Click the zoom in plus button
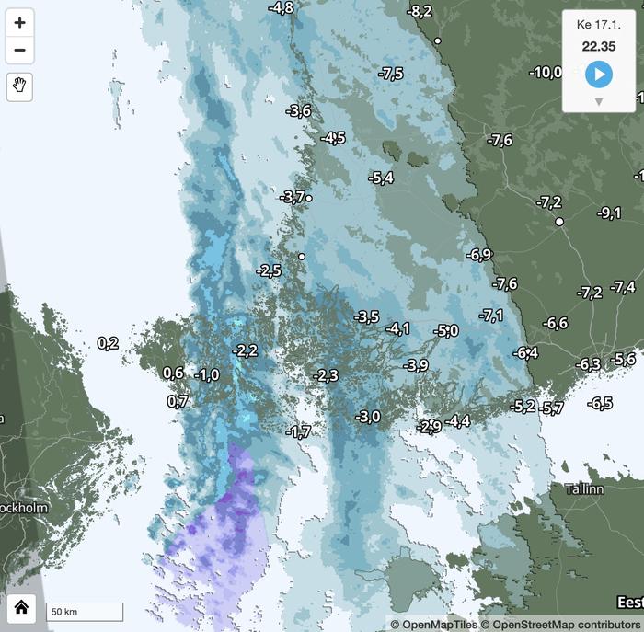19,23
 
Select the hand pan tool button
19,86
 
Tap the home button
21,606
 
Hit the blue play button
598,74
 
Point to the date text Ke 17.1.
598,23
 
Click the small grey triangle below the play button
598,101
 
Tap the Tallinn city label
583,489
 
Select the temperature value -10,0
545,72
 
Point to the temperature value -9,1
609,213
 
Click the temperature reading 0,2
108,343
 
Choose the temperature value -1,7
298,431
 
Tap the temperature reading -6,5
600,403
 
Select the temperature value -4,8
281,7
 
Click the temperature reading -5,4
380,178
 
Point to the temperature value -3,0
368,417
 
